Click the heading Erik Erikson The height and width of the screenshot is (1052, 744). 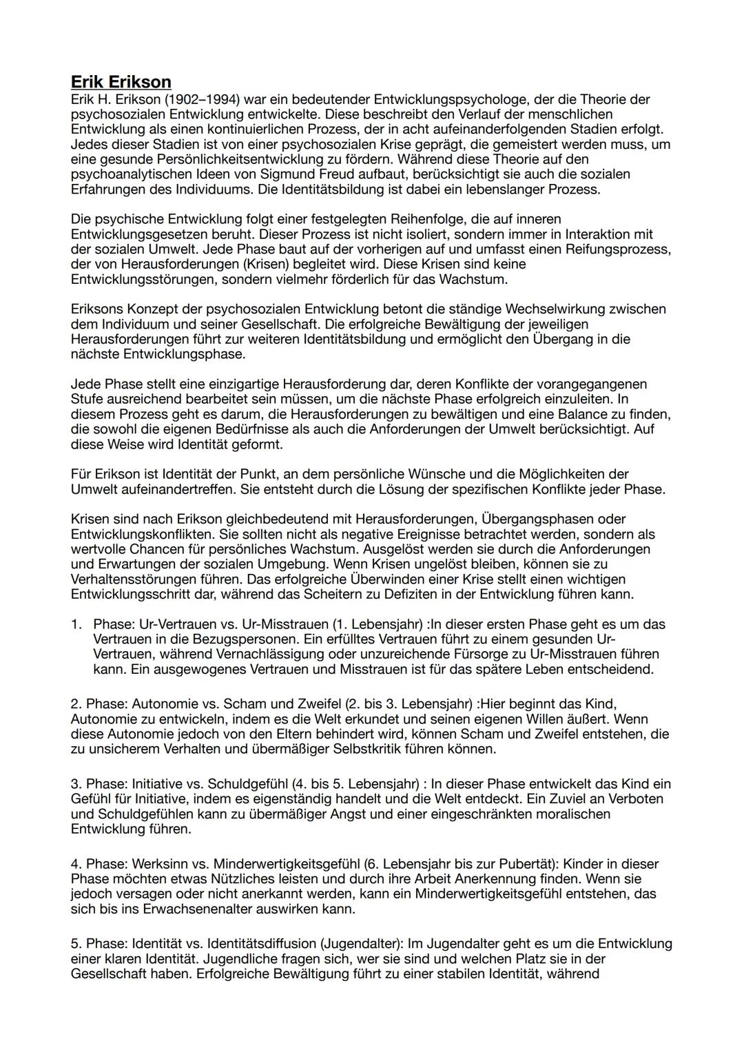pos(121,82)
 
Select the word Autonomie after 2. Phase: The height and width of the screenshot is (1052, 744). pos(164,704)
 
